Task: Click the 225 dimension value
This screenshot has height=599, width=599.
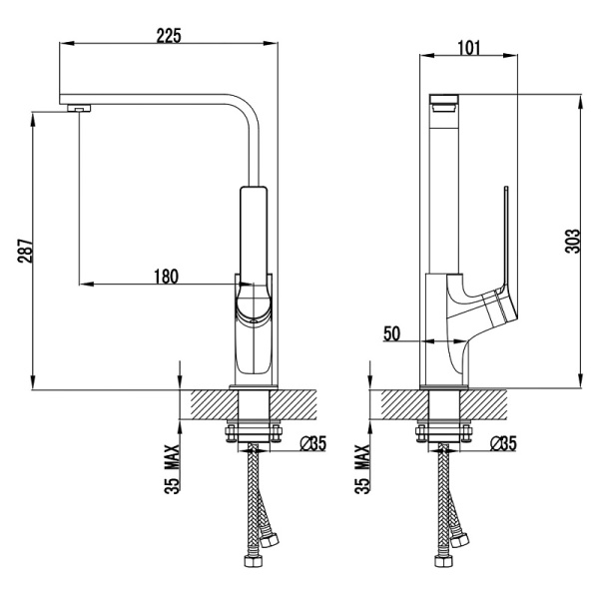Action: coord(169,36)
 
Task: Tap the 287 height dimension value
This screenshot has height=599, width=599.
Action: coord(25,251)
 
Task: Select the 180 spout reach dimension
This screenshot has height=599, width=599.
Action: coord(166,277)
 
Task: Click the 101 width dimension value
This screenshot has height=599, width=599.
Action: coord(469,48)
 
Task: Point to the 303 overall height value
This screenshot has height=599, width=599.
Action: coord(572,241)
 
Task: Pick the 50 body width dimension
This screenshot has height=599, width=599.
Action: coord(392,333)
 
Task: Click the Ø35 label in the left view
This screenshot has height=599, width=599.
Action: coord(312,443)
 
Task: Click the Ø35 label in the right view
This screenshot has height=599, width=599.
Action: coord(503,443)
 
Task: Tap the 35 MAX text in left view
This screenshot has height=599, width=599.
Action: coord(172,469)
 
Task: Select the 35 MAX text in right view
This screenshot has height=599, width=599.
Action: coord(362,469)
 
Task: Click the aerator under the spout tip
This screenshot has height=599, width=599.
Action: coord(80,108)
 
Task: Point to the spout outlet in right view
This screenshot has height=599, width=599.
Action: coord(444,104)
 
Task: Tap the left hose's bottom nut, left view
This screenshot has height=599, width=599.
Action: coord(254,561)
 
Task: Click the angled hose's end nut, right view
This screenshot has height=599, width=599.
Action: coord(460,539)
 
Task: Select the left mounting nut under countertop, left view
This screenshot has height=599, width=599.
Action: coord(230,433)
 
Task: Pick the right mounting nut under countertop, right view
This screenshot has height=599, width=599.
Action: coord(466,433)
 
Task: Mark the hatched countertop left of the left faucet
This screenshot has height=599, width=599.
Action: coord(214,405)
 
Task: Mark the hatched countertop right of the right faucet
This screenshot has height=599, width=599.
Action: coord(483,405)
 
